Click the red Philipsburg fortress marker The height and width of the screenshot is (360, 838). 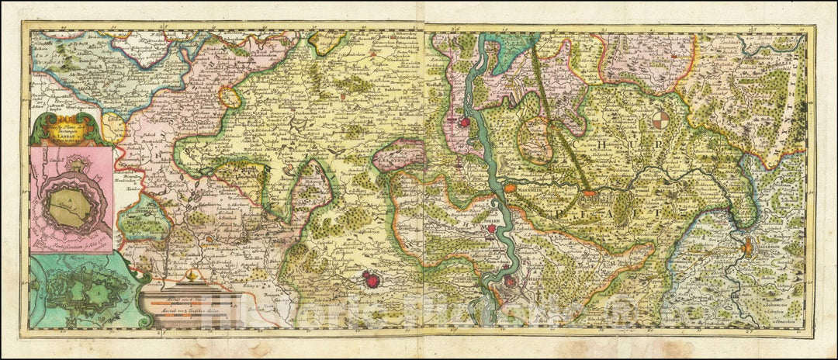(x=509, y=282)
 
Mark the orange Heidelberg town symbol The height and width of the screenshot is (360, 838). (x=590, y=193)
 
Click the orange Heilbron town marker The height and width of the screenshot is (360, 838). (x=746, y=249)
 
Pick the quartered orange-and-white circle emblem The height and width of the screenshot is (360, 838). (x=660, y=121)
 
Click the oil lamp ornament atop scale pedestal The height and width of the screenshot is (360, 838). (x=191, y=277)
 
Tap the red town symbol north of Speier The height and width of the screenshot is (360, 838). (x=465, y=122)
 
